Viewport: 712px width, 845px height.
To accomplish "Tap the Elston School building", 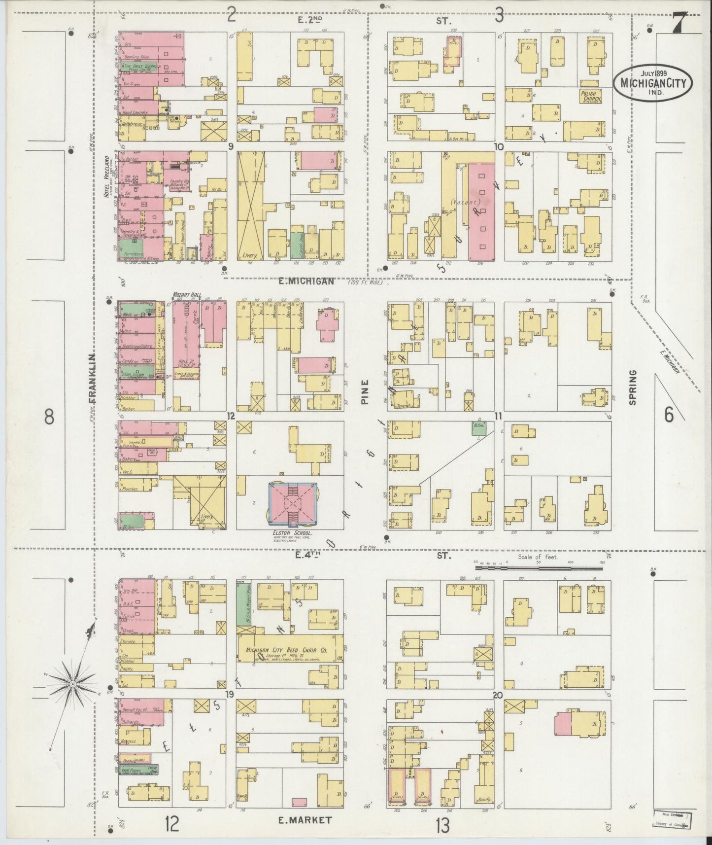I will [x=293, y=505].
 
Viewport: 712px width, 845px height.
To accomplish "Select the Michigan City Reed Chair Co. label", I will [x=287, y=651].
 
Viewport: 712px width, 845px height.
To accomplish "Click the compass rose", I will [x=72, y=684].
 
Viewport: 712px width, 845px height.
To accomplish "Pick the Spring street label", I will [x=633, y=387].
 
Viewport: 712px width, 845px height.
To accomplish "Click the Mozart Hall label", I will [x=185, y=295].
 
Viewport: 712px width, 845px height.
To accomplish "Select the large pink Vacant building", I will [x=481, y=212].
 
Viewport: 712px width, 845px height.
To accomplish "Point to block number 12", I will [x=230, y=416].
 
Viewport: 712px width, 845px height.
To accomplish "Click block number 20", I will [x=497, y=696].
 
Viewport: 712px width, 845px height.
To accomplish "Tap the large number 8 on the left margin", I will [x=49, y=417].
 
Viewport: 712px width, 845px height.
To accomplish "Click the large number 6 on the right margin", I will [x=668, y=416].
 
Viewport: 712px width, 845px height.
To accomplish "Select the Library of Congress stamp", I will [x=673, y=820].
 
